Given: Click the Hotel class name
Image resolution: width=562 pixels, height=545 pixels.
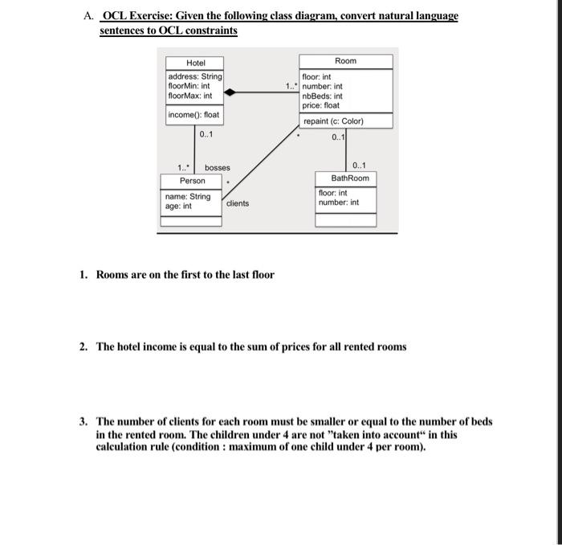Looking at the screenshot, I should click(195, 63).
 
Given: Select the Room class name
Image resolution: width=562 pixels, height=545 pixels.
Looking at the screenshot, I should click(345, 61).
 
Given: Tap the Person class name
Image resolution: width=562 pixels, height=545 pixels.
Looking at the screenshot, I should click(192, 181).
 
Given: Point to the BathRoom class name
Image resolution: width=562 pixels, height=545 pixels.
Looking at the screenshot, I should click(345, 178).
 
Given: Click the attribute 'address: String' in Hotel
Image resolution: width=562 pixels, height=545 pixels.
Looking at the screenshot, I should click(194, 76).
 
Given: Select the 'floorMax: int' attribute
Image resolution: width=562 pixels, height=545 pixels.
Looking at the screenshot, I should click(189, 96).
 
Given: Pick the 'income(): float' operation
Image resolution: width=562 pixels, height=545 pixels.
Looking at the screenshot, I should click(193, 115).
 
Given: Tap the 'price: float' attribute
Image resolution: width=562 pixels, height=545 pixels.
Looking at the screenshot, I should click(321, 105).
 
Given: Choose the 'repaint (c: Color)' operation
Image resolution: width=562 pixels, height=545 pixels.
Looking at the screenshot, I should click(333, 121).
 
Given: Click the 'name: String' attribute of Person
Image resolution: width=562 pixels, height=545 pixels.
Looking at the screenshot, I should click(187, 196).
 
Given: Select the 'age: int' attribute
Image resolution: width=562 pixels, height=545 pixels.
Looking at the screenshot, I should click(178, 206).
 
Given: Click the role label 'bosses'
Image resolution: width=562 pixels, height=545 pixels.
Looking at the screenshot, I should click(217, 168).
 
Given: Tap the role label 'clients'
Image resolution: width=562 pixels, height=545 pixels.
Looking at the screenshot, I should click(238, 203).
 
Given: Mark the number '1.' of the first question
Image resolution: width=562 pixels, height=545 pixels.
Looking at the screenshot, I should click(84, 275).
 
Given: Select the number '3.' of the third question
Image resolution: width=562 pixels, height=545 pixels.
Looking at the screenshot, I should click(84, 421).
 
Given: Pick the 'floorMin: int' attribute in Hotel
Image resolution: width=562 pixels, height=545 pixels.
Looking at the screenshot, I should click(189, 86).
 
